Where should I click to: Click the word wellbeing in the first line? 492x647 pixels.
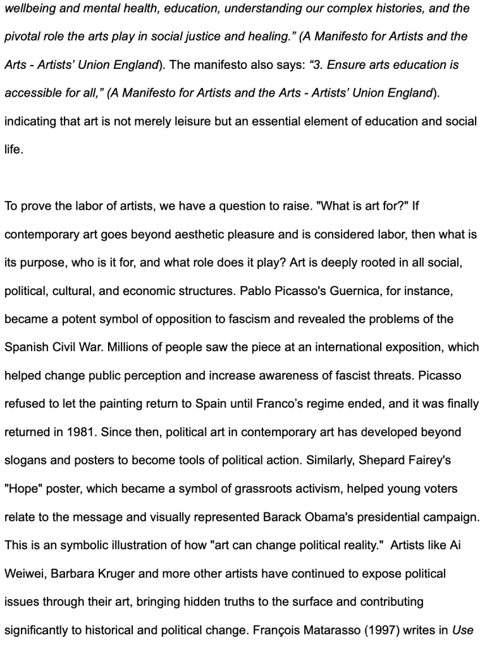point(30,9)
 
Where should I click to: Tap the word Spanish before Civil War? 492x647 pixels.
point(26,348)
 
